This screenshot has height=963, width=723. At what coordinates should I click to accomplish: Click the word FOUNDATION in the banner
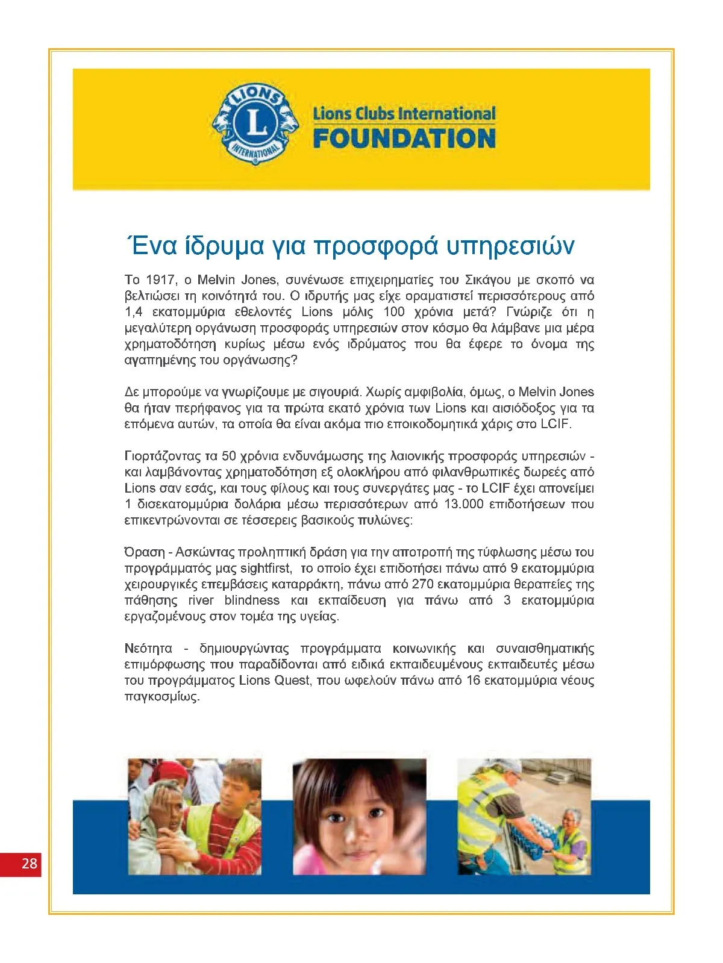click(x=404, y=139)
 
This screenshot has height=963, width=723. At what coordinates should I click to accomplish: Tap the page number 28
click(x=29, y=863)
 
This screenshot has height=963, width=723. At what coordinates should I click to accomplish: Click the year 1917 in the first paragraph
click(x=160, y=280)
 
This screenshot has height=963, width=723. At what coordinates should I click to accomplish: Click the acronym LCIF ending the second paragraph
click(x=554, y=424)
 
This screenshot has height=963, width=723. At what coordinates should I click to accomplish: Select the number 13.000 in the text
click(x=463, y=504)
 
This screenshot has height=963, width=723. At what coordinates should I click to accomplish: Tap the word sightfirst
click(x=266, y=569)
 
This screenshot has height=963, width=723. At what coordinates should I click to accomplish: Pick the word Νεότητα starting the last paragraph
click(x=148, y=649)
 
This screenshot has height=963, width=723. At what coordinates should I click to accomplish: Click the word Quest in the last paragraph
click(x=292, y=681)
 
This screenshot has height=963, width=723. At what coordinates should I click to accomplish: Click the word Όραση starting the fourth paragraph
click(x=145, y=552)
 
